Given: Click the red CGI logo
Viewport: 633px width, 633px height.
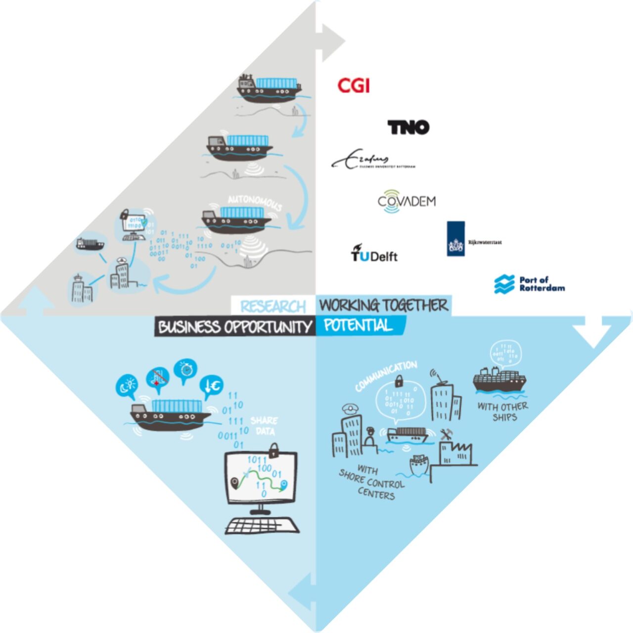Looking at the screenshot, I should coord(354,86).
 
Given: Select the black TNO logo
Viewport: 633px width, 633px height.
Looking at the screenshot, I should coord(408,127).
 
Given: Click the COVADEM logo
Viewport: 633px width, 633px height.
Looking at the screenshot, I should coord(407,201).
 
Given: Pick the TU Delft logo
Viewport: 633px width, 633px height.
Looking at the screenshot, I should coord(374,254).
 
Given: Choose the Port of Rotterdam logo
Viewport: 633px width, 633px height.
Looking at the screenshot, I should coord(530,284).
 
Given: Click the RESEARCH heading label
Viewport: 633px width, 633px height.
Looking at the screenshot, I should coord(273,307).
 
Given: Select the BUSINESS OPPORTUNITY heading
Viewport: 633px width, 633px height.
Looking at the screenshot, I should coord(235,327).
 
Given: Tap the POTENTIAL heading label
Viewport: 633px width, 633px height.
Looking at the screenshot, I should coord(359,325).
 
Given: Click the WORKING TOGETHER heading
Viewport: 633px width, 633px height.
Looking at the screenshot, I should coord(383,305).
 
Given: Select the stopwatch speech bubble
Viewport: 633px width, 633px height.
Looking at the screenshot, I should coord(185,370).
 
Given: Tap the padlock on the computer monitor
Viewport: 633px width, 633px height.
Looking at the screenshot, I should coord(272,450).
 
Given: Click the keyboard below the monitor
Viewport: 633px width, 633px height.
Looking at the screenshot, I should coord(262,526).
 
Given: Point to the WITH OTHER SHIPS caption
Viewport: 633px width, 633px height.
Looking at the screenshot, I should coord(503,411).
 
